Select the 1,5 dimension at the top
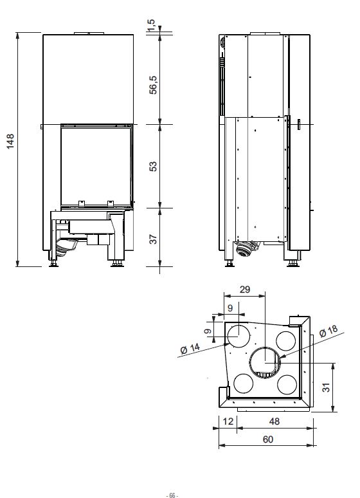pos(151,24)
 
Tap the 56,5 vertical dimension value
pos(152,84)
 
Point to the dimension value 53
pos(152,166)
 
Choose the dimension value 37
pos(152,239)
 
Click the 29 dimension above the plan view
pos(244,290)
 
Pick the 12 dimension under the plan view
pos(228,421)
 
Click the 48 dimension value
pos(274,421)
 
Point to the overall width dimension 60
pos(268,439)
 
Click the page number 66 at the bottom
pos(172,495)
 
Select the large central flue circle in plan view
pos(265,362)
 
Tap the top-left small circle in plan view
pos(239,335)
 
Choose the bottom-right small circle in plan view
pos(287,384)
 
